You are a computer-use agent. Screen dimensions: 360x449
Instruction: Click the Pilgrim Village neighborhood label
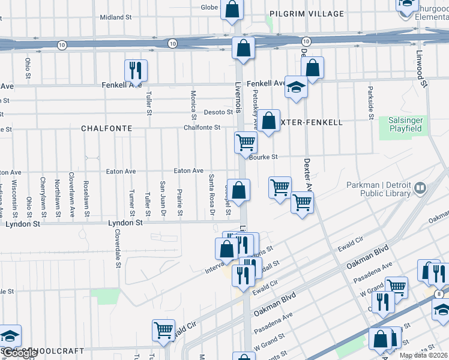pyautogui.click(x=306, y=13)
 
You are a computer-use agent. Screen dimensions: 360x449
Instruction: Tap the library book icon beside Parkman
pyautogui.click(x=420, y=188)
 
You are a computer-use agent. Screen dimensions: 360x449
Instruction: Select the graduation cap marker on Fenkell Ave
pyautogui.click(x=295, y=88)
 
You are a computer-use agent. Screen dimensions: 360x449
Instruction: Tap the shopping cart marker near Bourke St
pyautogui.click(x=246, y=142)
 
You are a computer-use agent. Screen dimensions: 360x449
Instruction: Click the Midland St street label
pyautogui.click(x=116, y=18)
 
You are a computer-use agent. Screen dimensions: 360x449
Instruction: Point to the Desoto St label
pyautogui.click(x=217, y=112)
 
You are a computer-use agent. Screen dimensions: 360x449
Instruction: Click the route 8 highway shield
pyautogui.click(x=440, y=294)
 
